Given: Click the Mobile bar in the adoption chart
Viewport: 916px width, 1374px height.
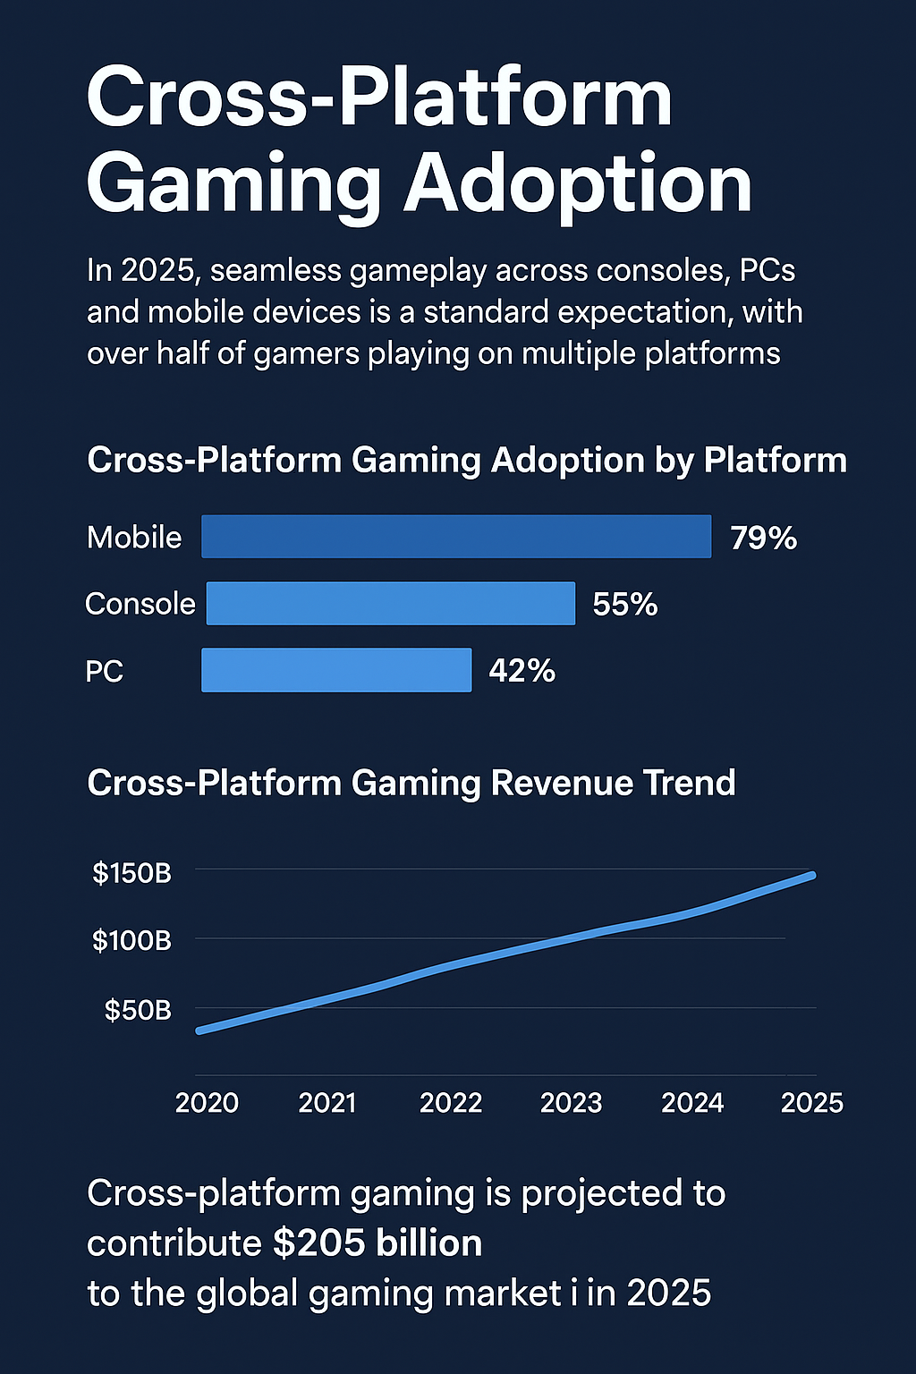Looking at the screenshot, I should coord(456,537).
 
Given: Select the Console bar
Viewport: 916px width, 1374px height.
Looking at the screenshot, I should coord(391,604).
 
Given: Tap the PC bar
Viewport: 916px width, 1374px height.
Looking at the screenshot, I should coord(336,670).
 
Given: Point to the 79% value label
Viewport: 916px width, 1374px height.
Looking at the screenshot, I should coord(763,538).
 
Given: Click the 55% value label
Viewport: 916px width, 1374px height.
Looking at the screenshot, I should coord(625,605).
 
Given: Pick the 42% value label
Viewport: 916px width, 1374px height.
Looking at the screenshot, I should coord(522,671).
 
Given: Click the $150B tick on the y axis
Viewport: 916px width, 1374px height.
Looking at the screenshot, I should coord(131,873).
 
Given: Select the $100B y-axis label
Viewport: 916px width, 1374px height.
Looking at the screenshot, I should coord(131,941).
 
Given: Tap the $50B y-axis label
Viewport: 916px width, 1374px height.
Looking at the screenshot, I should coord(138,1011).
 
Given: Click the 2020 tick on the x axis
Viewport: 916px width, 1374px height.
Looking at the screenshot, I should coord(207,1103).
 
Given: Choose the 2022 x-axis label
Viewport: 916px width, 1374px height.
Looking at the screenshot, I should coord(451,1103).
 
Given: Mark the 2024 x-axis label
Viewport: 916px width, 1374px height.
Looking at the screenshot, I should coord(692,1103).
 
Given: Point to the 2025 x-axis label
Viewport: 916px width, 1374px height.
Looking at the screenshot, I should coord(812,1103).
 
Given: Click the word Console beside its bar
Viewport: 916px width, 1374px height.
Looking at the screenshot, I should coord(140,604).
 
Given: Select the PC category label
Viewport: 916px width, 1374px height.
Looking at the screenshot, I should coord(105,672).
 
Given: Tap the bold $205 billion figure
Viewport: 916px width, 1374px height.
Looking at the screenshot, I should coord(377,1243).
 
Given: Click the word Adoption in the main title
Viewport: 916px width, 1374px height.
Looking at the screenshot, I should coord(578,183).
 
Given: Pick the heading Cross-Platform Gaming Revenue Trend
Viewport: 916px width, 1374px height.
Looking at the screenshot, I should coord(411,783).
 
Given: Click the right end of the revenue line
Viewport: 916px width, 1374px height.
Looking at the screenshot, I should coord(812,875).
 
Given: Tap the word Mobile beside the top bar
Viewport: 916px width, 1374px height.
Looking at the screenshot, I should coord(134,538).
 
